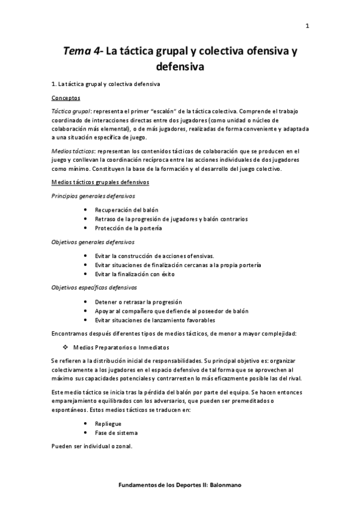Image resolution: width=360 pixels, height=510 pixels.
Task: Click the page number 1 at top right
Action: point(307,25)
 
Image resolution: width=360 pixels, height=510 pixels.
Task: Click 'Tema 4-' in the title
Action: point(84,52)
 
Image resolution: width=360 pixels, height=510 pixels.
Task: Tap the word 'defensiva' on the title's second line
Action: point(180,68)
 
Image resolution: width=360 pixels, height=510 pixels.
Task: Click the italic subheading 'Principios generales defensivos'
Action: point(93,196)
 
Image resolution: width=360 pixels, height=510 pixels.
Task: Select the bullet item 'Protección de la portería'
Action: point(129,228)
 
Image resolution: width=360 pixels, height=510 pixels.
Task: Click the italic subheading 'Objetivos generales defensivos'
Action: point(92,242)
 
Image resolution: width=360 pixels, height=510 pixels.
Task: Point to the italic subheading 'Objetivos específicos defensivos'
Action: point(94,287)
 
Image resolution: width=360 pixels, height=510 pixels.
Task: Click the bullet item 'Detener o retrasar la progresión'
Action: point(138,301)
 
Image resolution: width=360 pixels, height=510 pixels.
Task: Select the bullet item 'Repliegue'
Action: point(108,423)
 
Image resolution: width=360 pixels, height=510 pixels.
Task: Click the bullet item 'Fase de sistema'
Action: point(116,432)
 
